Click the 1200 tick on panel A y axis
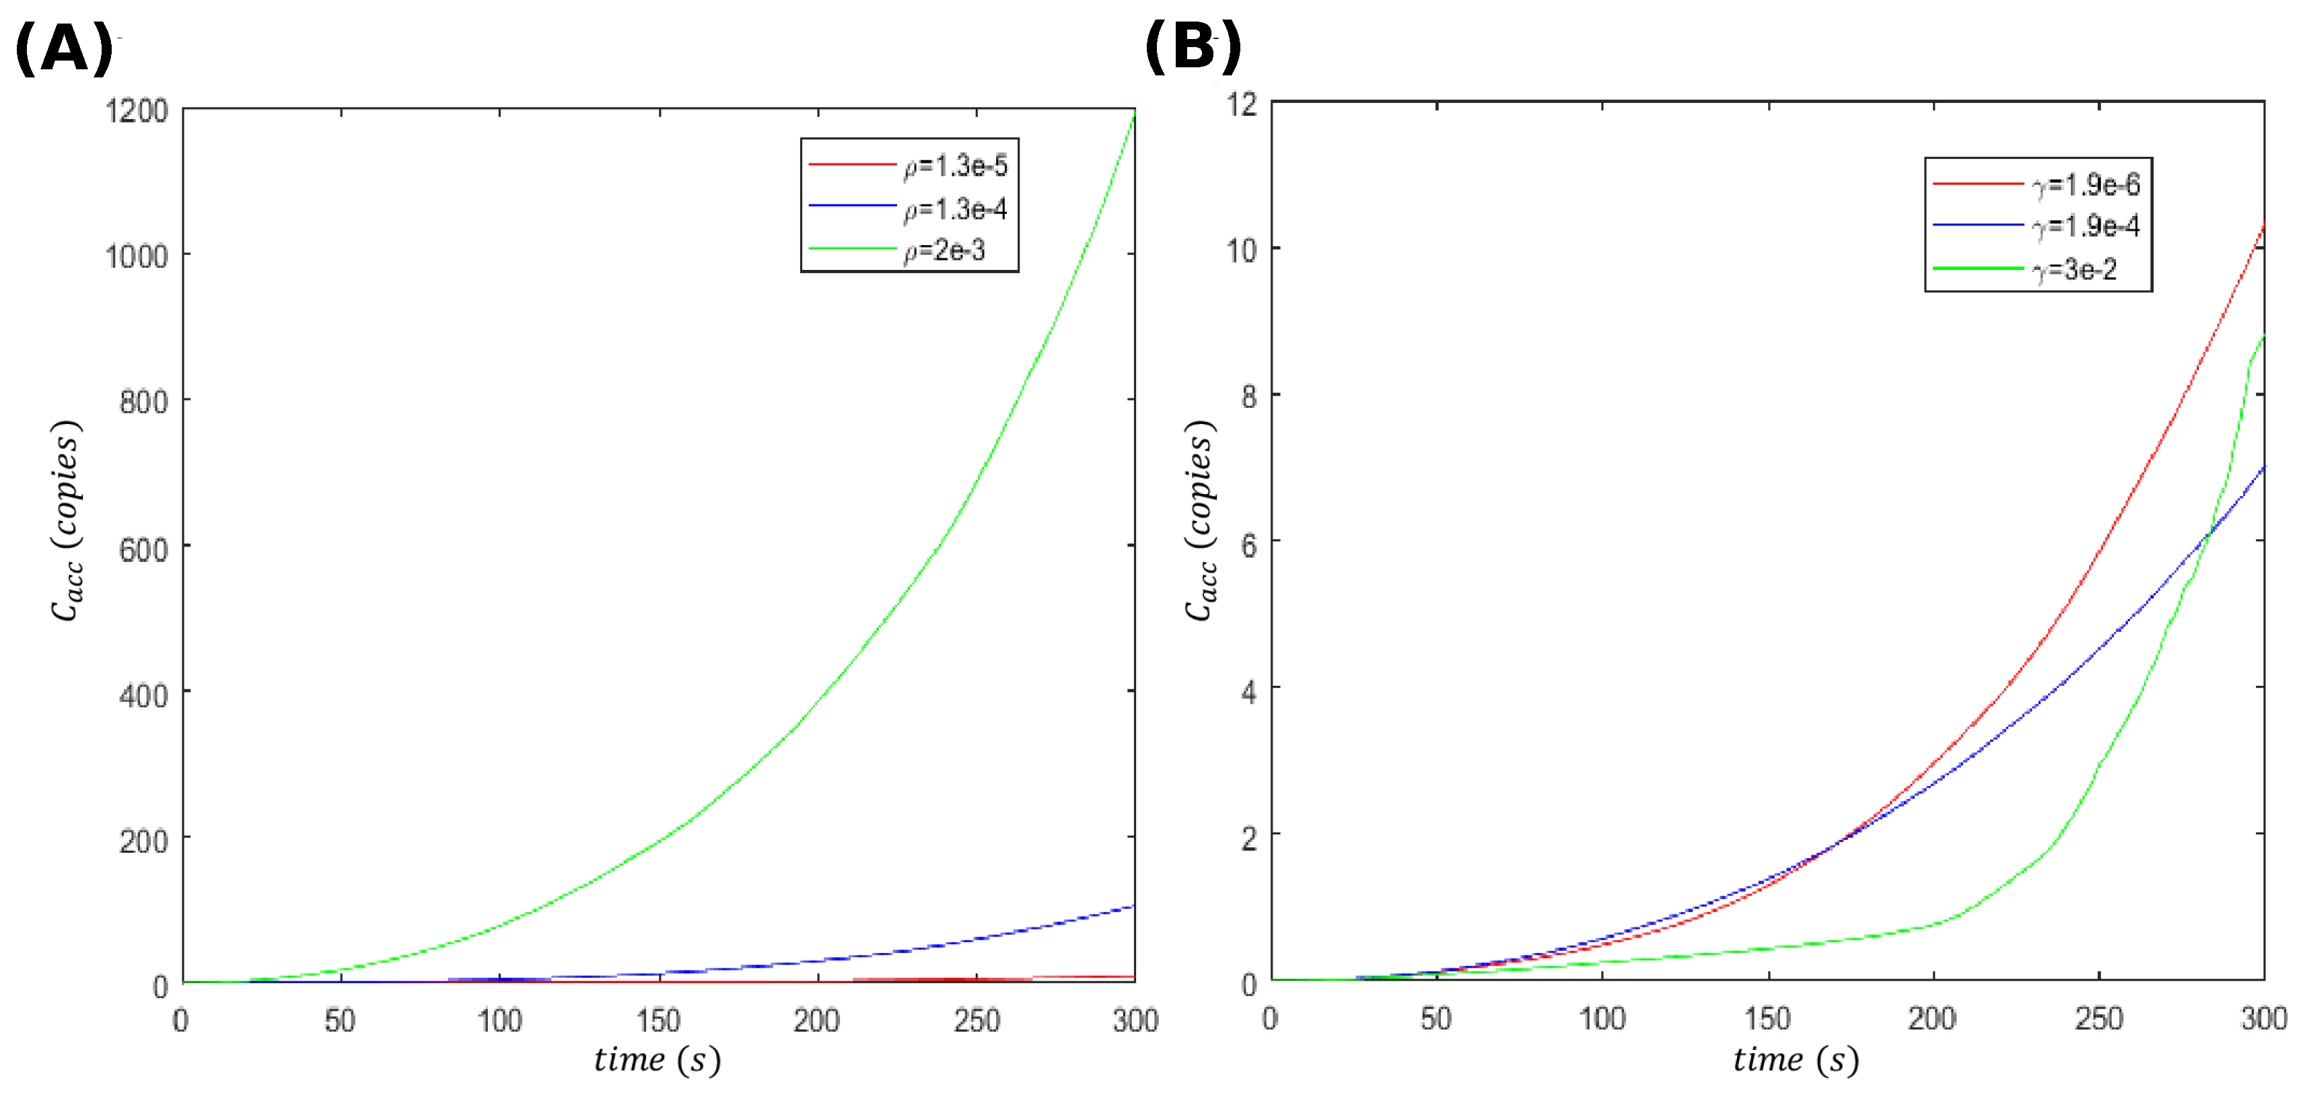tap(137, 111)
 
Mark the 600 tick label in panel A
tap(144, 548)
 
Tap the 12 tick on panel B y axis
tap(1242, 104)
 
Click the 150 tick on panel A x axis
tap(659, 1020)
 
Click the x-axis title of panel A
tap(657, 1061)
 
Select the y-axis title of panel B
tap(1201, 520)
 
